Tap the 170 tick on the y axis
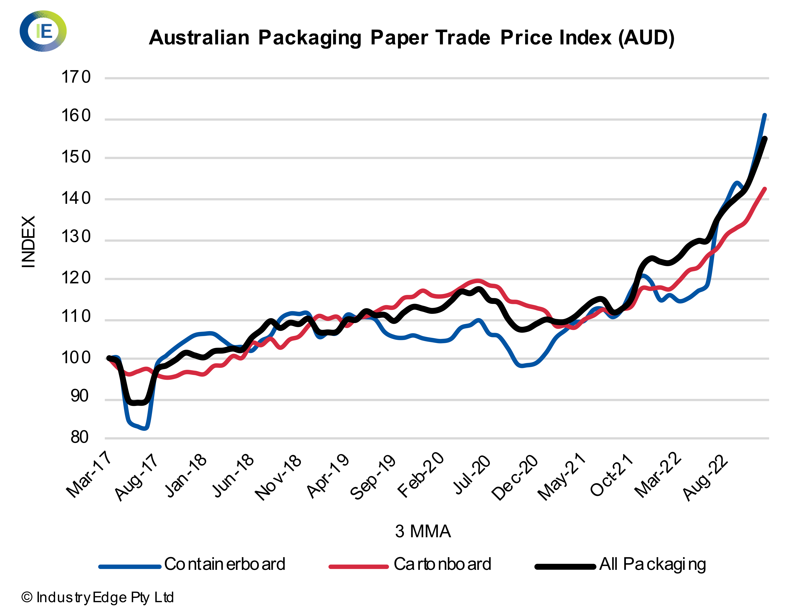[x=76, y=77]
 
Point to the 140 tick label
[x=76, y=198]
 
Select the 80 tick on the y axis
[x=79, y=437]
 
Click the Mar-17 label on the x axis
[x=89, y=475]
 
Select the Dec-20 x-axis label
[x=515, y=477]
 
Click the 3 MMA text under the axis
[x=423, y=531]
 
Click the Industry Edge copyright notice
[x=97, y=597]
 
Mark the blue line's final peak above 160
[x=765, y=115]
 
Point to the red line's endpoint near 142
[x=765, y=189]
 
